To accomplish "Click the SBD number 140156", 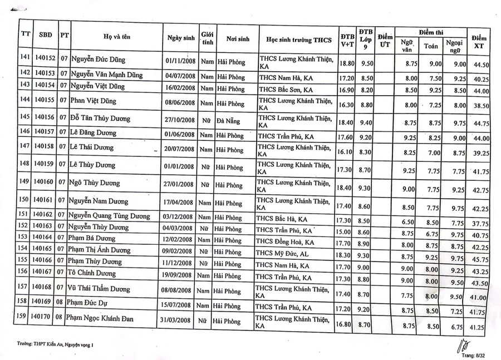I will tap(44, 118).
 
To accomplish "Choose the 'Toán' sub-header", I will tap(431, 47).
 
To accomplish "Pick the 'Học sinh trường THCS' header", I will tap(298, 40).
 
